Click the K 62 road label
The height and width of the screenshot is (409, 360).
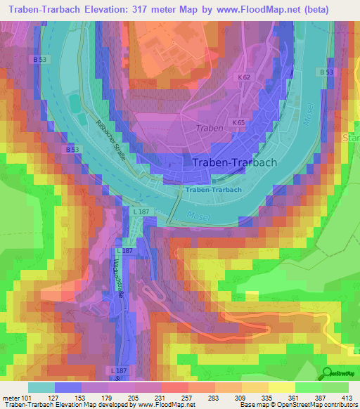244,77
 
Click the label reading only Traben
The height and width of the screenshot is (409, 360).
210,129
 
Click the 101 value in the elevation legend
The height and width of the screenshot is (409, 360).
26,397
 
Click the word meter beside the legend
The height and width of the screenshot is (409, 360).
10,397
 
